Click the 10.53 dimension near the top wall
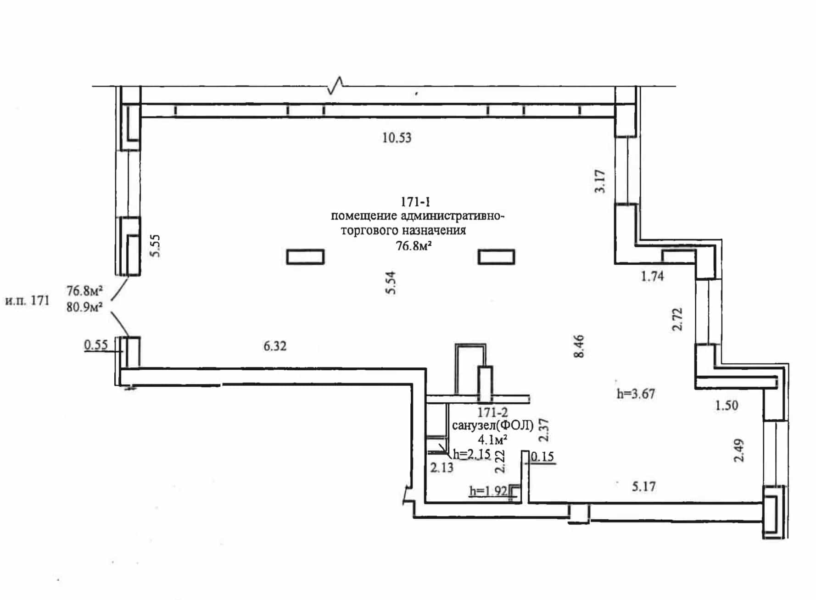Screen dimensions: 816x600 pos(397,138)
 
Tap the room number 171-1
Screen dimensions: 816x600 pos(415,202)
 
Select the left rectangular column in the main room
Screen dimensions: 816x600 pos(305,257)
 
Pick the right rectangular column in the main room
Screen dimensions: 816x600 pos(496,257)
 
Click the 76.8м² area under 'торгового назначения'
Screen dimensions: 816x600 pos(414,246)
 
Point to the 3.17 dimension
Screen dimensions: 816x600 pos(600,181)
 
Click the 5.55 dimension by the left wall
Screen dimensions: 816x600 pos(156,246)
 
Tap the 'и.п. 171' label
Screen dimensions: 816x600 pos(27,301)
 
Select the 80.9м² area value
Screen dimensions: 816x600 pos(84,307)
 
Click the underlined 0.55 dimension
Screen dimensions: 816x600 pos(95,345)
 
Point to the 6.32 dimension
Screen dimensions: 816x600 pos(275,346)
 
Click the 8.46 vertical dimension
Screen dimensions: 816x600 pos(579,346)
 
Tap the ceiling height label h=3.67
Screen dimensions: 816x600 pos(636,394)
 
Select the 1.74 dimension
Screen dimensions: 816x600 pos(652,276)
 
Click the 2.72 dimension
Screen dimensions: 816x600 pos(677,319)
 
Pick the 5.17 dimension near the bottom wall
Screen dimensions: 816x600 pos(643,486)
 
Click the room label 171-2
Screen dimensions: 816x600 pos(493,412)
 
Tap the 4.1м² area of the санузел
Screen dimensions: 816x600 pos(492,440)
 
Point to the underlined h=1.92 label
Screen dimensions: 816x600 pos(488,491)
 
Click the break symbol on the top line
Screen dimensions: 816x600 pos(335,85)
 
